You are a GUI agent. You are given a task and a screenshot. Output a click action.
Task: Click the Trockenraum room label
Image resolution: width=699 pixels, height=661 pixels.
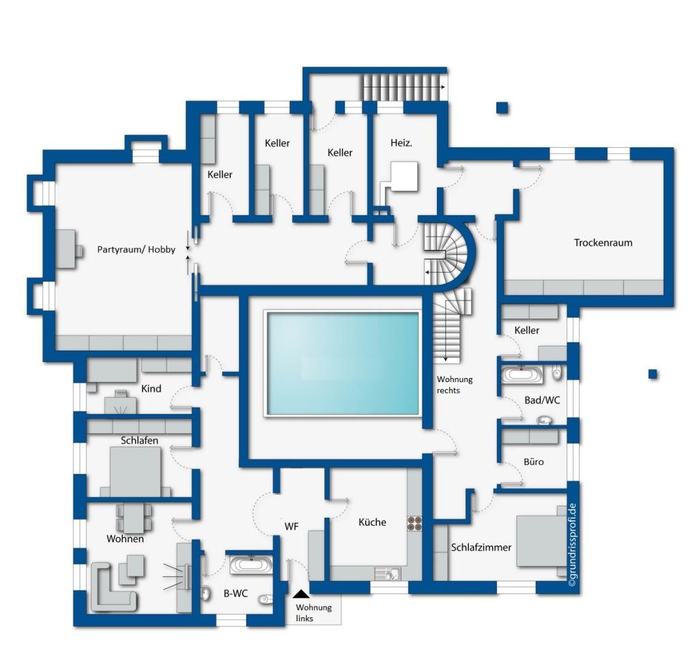(603, 243)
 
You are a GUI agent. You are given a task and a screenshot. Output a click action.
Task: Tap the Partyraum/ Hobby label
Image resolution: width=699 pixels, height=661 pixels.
(137, 249)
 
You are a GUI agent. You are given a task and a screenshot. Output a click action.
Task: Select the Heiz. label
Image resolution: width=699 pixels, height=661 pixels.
(401, 143)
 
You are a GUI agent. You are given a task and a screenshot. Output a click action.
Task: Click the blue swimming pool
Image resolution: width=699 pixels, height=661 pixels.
(343, 364)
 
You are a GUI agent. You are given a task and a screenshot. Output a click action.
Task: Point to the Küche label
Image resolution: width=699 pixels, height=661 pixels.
(372, 522)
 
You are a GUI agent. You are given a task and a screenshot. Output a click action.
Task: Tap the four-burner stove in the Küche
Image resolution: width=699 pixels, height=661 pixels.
(414, 524)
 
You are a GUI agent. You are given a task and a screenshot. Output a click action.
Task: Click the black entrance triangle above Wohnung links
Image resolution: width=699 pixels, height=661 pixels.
(301, 594)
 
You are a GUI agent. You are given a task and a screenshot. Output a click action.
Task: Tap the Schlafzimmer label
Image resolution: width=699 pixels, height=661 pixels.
(481, 548)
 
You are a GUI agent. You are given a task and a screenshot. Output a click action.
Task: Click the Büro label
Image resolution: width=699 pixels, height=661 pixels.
(534, 461)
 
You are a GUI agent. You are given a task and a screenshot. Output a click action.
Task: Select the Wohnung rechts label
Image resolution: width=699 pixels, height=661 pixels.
(454, 385)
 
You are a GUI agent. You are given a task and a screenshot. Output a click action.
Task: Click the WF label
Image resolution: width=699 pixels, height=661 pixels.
(291, 526)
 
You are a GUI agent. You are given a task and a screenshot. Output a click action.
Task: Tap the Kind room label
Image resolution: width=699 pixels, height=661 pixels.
(151, 389)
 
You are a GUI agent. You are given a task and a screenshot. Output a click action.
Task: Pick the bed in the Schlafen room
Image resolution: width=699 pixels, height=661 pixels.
(135, 472)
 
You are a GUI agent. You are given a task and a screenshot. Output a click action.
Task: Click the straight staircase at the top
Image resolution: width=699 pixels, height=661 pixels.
(403, 87)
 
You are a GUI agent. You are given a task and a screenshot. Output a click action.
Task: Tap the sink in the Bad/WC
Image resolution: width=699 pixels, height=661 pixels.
(544, 420)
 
